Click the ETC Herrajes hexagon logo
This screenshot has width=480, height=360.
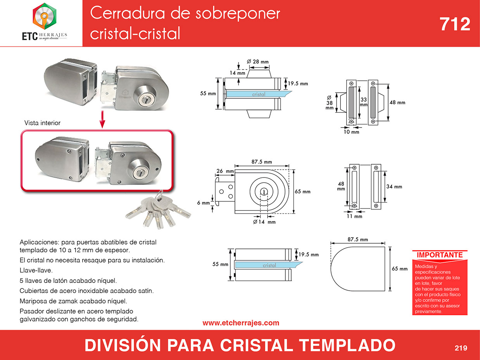coord(45,16)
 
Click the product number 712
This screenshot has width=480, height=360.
coord(455,24)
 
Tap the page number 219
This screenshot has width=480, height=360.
coord(461,348)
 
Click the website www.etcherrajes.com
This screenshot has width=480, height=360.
coord(241,323)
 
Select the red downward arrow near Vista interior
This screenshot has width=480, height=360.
coord(102,119)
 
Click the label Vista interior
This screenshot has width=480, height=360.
coord(42,123)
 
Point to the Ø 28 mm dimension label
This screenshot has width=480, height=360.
coord(257,62)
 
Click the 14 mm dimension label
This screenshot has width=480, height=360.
coord(237,73)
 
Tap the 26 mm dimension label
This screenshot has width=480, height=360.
coord(225,171)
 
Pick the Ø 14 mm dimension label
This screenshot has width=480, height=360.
coord(264,222)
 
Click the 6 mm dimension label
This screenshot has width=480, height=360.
coord(204,203)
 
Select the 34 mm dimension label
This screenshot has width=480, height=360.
coord(394,187)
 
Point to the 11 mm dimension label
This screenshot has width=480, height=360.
coord(354,216)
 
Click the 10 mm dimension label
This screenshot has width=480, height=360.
coord(351,132)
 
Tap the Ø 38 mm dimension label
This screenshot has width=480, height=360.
coord(329,103)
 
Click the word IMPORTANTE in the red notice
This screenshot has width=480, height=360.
coord(440,255)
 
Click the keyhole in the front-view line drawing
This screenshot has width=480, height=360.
coord(264,192)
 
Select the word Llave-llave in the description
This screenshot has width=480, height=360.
coord(36,270)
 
